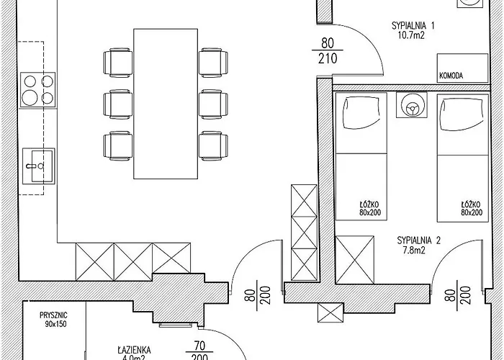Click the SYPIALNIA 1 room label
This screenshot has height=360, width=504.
tap(413, 26)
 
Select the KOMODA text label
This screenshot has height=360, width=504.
tap(451, 76)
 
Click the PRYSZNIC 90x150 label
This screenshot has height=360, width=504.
tap(54, 320)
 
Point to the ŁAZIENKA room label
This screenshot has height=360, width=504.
tap(134, 350)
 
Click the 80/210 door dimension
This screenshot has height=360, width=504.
tap(328, 50)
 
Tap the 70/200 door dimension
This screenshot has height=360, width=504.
tap(199, 351)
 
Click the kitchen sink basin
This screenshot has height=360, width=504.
tap(39, 166)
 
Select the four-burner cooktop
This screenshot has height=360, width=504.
tap(38, 90)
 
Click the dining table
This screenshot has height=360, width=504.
tap(166, 104)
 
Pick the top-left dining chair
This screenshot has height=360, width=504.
tap(118, 63)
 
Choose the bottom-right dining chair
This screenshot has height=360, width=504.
tap(213, 145)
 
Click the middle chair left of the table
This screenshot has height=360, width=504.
tap(118, 104)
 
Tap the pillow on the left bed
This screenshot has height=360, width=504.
tap(359, 114)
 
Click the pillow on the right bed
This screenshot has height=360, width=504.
tap(462, 114)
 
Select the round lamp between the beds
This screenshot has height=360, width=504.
tap(412, 105)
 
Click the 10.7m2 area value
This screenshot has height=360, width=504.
tap(411, 35)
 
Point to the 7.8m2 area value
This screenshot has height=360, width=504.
tap(414, 250)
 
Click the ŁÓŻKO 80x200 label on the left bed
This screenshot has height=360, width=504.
tap(369, 208)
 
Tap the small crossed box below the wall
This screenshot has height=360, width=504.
tap(330, 312)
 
